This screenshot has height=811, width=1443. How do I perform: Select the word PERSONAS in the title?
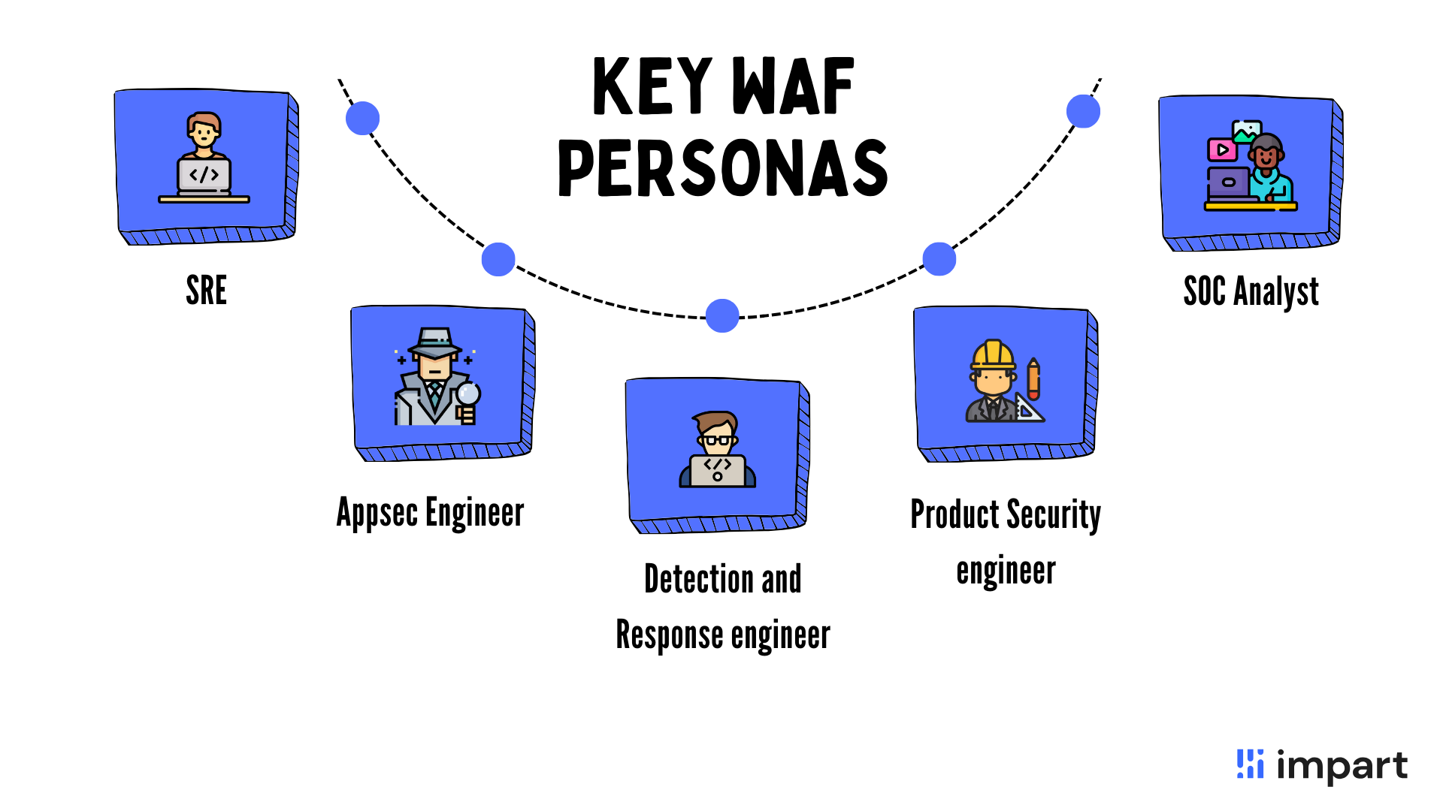(x=722, y=168)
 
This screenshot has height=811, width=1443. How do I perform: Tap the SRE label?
(x=206, y=291)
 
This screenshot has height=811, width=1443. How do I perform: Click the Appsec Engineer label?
(x=430, y=513)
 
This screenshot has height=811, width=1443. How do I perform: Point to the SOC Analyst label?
(x=1251, y=291)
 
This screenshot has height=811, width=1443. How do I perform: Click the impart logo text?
(x=1342, y=766)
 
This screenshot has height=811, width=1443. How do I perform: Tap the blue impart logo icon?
(x=1250, y=764)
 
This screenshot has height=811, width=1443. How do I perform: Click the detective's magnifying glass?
(x=468, y=394)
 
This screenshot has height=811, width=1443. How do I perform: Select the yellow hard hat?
(x=993, y=354)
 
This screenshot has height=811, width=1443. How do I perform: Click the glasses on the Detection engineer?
(x=717, y=440)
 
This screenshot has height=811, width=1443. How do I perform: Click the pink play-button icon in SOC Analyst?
(x=1221, y=150)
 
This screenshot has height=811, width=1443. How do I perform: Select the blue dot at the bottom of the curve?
(x=722, y=315)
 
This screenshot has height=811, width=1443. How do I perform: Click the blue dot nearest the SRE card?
(x=363, y=118)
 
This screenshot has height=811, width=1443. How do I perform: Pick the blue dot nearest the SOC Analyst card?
(x=1083, y=111)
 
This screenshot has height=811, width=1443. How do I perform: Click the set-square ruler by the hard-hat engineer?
(x=1027, y=409)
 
